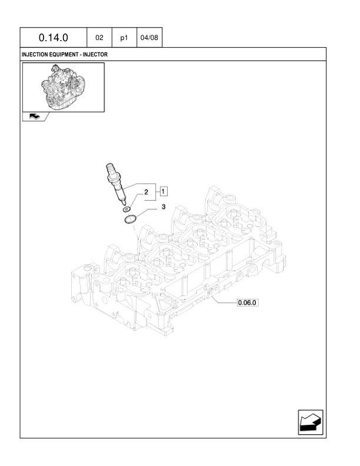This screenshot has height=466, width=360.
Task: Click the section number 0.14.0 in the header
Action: coord(53,38)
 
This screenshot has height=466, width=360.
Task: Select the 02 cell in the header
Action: coord(99,38)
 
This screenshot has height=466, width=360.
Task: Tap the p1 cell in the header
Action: coord(124,38)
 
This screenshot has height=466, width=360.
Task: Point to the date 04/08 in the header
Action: coord(149,38)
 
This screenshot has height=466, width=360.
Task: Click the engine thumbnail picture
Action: coord(64,86)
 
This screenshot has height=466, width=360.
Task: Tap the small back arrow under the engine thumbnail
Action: coord(35,116)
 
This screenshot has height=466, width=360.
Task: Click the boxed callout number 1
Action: coord(164,191)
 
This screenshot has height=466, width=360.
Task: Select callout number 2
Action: coord(146,192)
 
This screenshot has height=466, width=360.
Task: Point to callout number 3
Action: coord(164,207)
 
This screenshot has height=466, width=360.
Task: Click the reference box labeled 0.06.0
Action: coord(248,302)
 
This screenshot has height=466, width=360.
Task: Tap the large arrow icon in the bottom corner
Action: coord(311,422)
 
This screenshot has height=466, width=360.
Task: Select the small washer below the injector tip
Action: coord(126,209)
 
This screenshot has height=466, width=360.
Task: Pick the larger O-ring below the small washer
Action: coord(130,219)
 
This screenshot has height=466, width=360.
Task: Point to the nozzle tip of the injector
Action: coord(124,203)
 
